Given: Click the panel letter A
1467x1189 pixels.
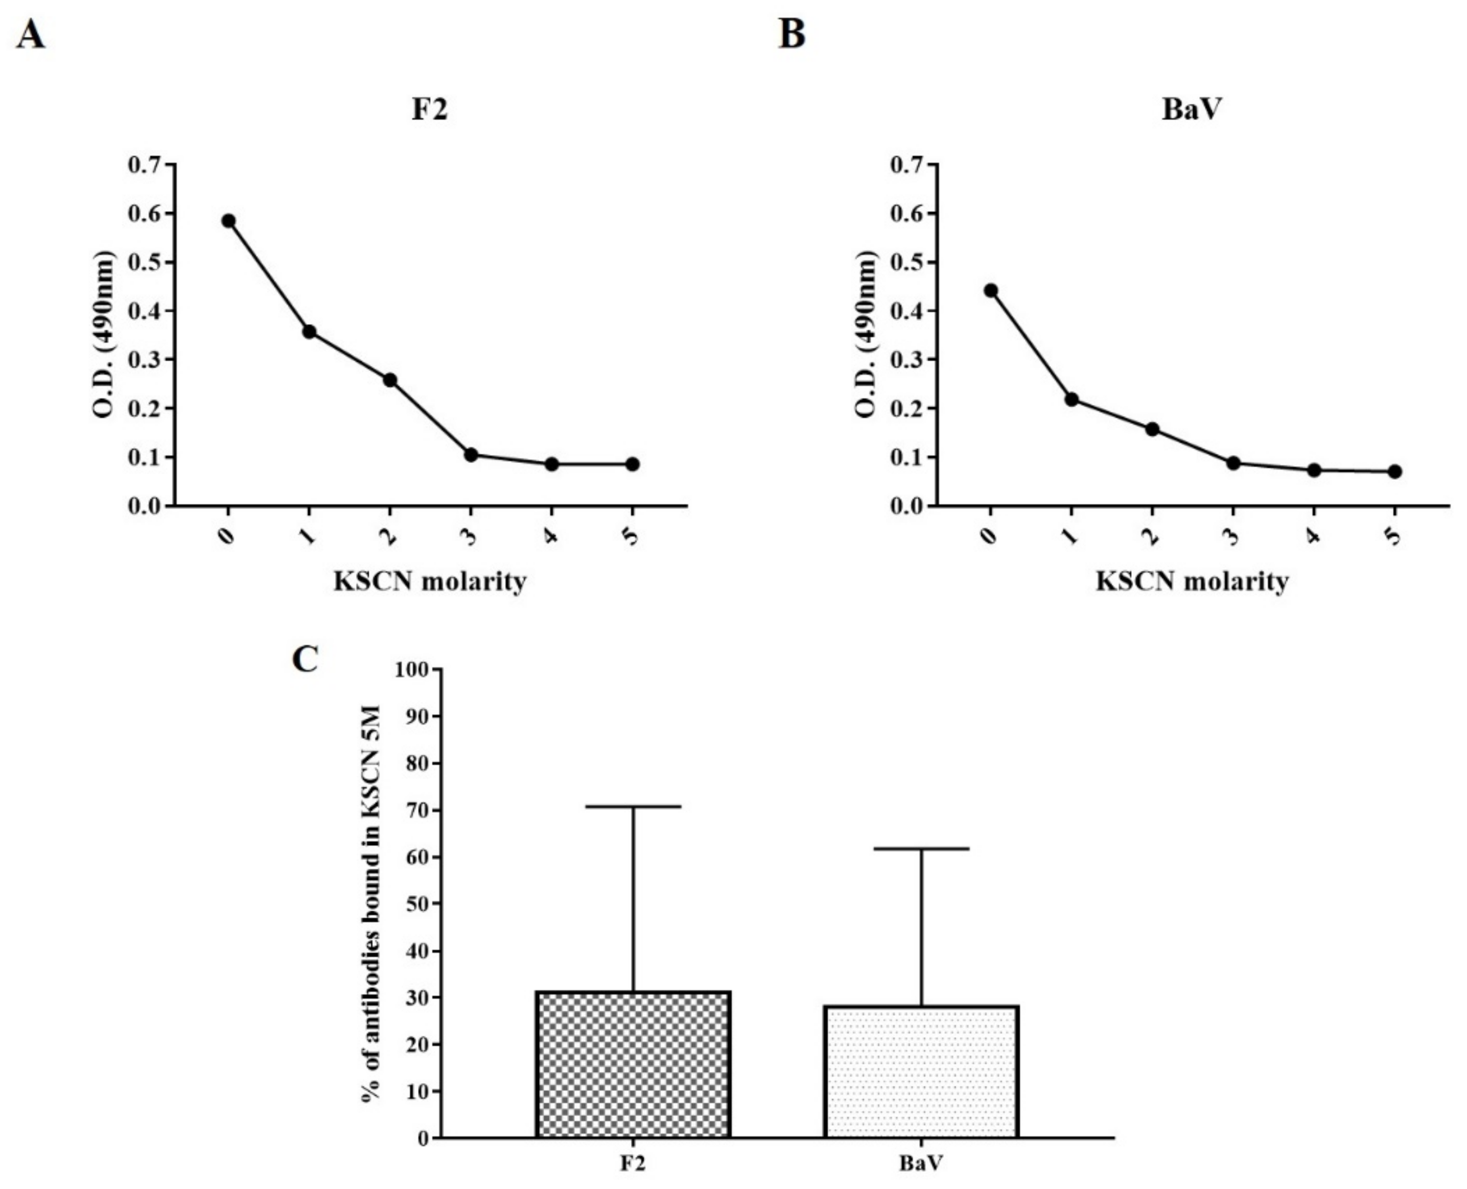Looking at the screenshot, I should coord(31,34).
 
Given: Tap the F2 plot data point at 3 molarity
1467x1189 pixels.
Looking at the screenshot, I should coord(471,454).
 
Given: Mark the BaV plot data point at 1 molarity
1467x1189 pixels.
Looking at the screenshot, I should coord(1072,399).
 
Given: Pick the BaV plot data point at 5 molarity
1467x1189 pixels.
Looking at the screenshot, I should coord(1394,471).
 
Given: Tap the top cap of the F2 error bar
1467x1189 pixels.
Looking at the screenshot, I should coord(634,807).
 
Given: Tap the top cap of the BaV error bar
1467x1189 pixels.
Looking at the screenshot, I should coord(922,849).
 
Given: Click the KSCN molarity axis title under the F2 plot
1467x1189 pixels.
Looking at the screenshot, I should coord(430,581).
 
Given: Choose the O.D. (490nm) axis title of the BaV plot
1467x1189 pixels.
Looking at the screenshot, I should coord(866,334).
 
